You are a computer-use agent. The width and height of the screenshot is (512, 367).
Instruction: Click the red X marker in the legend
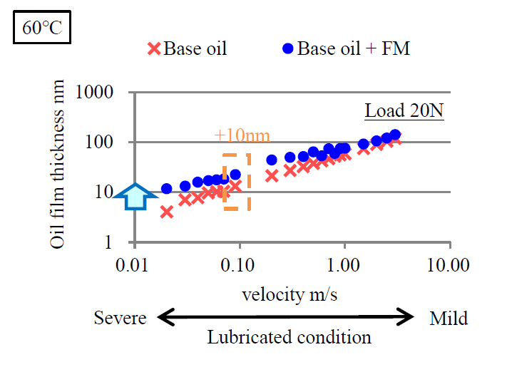153,49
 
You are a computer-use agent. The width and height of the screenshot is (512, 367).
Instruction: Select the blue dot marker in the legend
288,49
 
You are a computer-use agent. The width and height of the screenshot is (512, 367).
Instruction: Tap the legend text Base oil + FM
354,49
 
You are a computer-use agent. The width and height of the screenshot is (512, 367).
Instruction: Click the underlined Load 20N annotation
404,112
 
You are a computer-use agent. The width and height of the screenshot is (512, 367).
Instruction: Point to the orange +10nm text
242,135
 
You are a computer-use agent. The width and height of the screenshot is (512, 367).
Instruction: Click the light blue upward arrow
135,196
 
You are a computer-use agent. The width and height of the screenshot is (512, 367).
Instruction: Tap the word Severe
120,318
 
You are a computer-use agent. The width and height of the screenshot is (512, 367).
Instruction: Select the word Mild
449,318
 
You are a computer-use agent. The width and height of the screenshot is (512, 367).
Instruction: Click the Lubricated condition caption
290,337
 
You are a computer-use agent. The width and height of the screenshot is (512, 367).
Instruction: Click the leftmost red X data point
167,212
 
